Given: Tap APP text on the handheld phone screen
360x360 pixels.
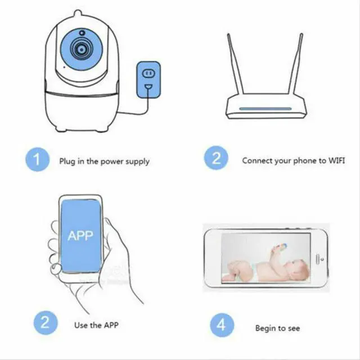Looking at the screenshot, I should [80, 235].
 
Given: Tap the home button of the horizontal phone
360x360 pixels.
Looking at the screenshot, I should [322, 258].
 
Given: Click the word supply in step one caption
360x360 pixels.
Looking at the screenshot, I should [138, 162].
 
